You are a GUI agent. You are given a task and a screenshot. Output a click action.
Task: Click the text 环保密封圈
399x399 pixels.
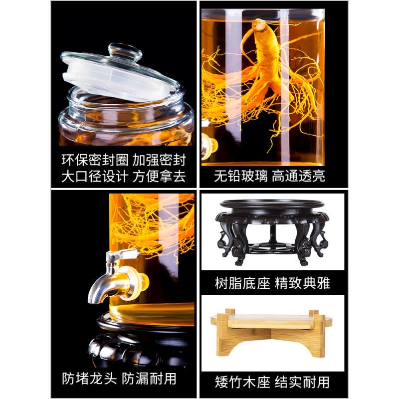[x=94, y=161]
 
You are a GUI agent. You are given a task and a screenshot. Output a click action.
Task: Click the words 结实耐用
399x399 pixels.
[x=304, y=382]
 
